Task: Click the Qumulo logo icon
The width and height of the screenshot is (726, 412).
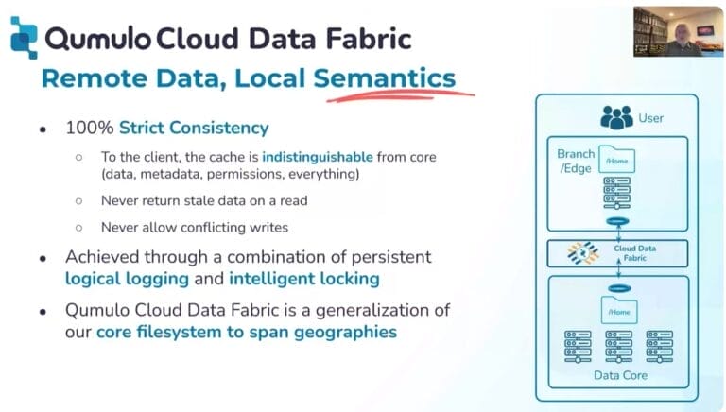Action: click(x=24, y=38)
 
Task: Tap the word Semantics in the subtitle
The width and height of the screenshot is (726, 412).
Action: click(x=385, y=77)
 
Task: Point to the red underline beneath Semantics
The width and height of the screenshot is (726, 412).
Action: click(x=401, y=95)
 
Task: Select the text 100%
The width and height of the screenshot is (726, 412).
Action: click(x=90, y=128)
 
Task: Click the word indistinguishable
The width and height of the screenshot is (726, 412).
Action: click(x=318, y=157)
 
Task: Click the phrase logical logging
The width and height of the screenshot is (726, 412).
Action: click(x=127, y=279)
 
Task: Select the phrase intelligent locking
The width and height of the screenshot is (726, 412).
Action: click(x=304, y=279)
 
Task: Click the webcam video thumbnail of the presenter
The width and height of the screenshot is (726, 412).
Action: click(x=678, y=32)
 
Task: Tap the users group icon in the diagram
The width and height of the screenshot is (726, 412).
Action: click(x=616, y=117)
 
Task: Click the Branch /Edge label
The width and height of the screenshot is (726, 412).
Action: click(x=576, y=161)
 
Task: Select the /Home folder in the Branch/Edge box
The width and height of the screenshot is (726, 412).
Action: click(x=616, y=160)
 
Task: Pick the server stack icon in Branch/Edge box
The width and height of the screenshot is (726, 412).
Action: click(x=616, y=192)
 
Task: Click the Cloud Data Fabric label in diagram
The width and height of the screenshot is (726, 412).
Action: click(x=635, y=252)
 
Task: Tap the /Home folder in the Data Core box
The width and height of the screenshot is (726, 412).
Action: click(x=619, y=310)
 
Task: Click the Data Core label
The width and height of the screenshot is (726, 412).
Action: click(x=620, y=375)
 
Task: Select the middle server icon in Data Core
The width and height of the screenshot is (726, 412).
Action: click(x=618, y=346)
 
